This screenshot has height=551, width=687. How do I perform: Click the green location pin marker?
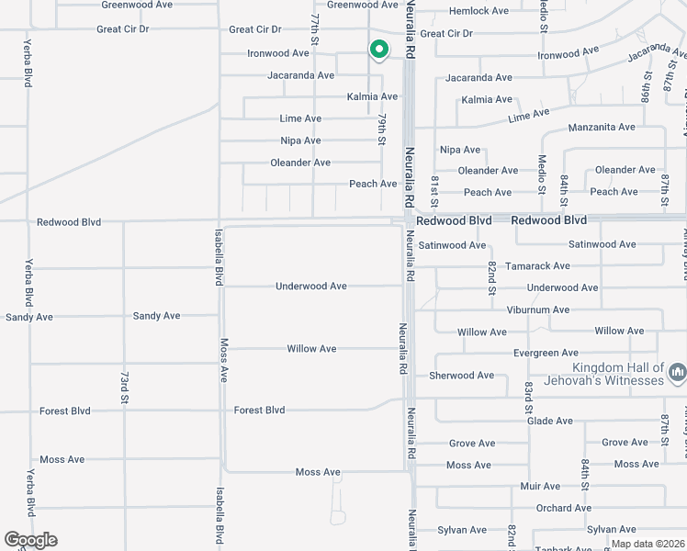point(377,50)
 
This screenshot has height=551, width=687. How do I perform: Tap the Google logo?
point(30,540)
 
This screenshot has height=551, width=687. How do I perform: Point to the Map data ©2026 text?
point(647,544)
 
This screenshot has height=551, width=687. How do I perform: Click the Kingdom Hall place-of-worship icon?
point(678,373)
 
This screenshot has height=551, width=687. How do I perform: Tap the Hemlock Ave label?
point(479,11)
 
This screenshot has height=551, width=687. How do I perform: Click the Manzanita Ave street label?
point(602,127)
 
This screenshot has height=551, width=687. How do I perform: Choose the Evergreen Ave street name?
point(546,353)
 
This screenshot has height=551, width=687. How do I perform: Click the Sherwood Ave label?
point(461,376)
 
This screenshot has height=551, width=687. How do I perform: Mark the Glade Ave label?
point(550,421)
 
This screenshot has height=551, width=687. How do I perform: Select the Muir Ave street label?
point(540,487)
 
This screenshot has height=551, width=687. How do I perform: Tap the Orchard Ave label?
point(563,508)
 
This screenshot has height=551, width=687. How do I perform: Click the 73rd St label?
point(124,388)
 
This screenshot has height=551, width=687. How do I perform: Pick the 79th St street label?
point(380,128)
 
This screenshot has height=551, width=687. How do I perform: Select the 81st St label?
point(435,189)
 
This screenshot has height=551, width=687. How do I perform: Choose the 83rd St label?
point(529,398)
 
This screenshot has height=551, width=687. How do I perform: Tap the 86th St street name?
point(646,92)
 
